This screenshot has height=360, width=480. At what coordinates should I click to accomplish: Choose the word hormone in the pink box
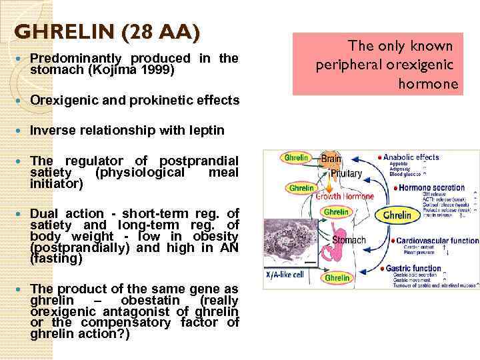[x=428, y=84]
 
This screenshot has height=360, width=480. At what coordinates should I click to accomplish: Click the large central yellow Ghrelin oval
[x=397, y=216]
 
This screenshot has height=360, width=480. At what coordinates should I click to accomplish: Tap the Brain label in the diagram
[x=331, y=159]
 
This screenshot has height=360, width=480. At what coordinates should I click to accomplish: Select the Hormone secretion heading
[x=435, y=189]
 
